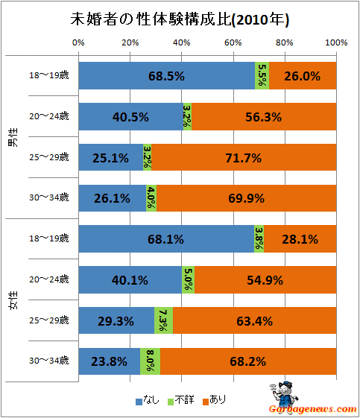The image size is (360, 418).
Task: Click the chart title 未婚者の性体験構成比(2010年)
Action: pyautogui.click(x=180, y=19)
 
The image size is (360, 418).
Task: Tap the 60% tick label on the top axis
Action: pyautogui.click(x=233, y=42)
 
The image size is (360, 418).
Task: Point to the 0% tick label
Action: pyautogui.click(x=78, y=42)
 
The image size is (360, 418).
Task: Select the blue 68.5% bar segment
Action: pyautogui.click(x=167, y=76)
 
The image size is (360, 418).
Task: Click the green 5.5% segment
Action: pyautogui.click(x=262, y=76)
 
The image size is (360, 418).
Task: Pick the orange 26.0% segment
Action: pyautogui.click(x=303, y=76)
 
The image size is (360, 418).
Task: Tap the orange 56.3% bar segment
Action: pyautogui.click(x=264, y=116)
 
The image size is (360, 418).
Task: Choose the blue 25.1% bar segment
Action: pyautogui.click(x=111, y=157)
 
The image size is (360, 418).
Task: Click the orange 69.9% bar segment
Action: pyautogui.click(x=247, y=198)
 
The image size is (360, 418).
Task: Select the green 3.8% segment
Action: pyautogui.click(x=259, y=238)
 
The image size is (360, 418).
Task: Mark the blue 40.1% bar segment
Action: pyautogui.click(x=130, y=279)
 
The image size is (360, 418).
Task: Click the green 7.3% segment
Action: pyautogui.click(x=163, y=320)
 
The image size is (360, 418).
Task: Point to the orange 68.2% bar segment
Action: pyautogui.click(x=248, y=361)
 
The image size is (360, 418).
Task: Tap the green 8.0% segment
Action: pyautogui.click(x=150, y=361)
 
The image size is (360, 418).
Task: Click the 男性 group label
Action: pyautogui.click(x=13, y=137)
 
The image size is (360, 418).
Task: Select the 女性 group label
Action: pyautogui.click(x=13, y=300)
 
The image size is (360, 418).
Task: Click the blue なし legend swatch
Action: pyautogui.click(x=139, y=402)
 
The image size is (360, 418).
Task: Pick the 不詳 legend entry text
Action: pyautogui.click(x=185, y=400)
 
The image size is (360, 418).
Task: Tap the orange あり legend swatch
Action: pyautogui.click(x=206, y=402)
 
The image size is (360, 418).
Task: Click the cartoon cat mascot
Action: pyautogui.click(x=285, y=396)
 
